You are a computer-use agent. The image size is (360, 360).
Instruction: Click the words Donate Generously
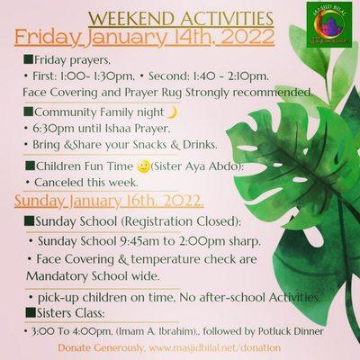point(100,347)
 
